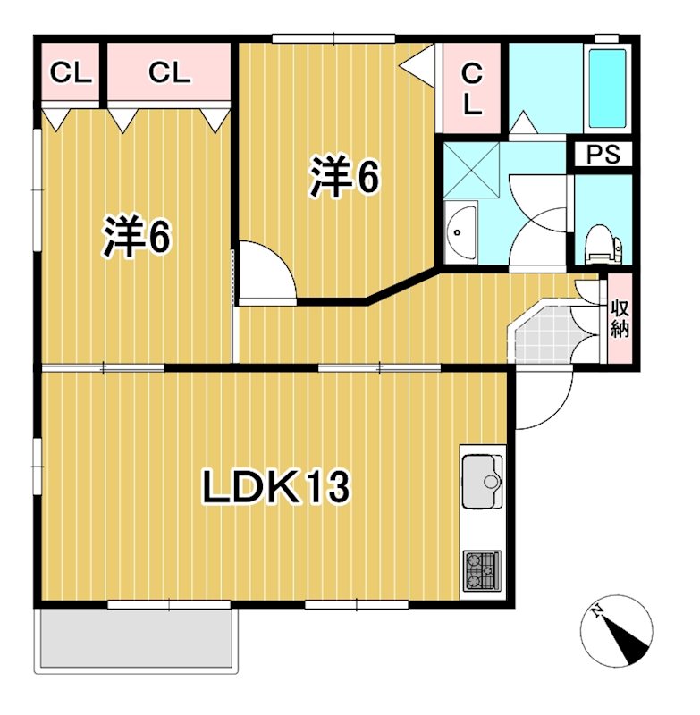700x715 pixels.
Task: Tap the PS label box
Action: [602, 155]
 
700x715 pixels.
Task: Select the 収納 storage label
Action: [620, 318]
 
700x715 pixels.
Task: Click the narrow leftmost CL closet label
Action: [71, 73]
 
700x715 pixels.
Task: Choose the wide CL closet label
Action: [170, 73]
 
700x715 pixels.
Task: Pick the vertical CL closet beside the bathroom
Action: [472, 88]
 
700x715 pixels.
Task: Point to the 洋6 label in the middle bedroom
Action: [345, 178]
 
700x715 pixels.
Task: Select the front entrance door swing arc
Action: [544, 399]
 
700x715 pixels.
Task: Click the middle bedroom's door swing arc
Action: [266, 272]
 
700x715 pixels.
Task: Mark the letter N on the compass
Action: [598, 613]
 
